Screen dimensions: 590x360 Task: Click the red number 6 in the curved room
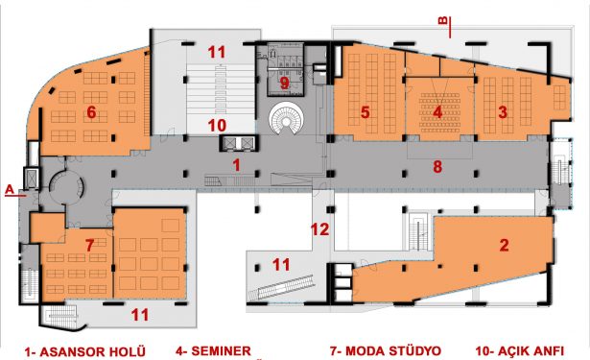point(91,112)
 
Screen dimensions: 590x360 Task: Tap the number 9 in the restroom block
point(285,84)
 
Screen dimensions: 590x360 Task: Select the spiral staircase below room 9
point(286,120)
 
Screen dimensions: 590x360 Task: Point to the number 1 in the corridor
point(236,165)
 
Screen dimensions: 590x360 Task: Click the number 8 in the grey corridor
point(437,166)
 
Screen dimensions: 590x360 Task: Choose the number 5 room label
point(365,112)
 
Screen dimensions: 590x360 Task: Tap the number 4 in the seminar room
point(437,112)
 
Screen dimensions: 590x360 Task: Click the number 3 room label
point(503,112)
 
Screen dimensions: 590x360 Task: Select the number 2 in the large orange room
point(504,245)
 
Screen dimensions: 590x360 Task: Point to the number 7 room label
point(89,246)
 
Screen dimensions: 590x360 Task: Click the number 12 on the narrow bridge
point(319,229)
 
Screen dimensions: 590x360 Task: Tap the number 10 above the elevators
point(217,126)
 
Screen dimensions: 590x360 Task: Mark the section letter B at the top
point(443,20)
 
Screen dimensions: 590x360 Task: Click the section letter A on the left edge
point(10,189)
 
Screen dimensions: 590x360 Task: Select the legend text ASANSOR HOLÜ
point(92,352)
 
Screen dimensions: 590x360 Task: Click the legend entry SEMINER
point(222,351)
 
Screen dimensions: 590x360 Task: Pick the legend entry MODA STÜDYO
point(393,351)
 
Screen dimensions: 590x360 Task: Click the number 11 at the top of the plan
point(217,53)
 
